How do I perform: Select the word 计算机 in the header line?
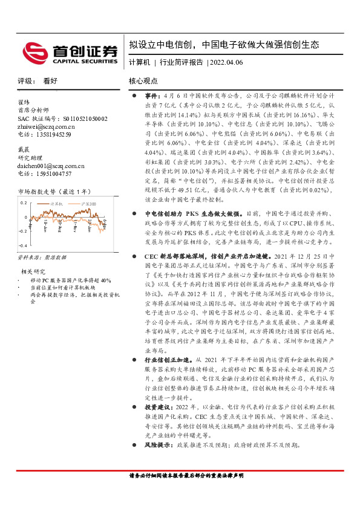(139, 63)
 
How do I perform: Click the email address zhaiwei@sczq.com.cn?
(45, 126)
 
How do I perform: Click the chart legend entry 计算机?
(57, 205)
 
